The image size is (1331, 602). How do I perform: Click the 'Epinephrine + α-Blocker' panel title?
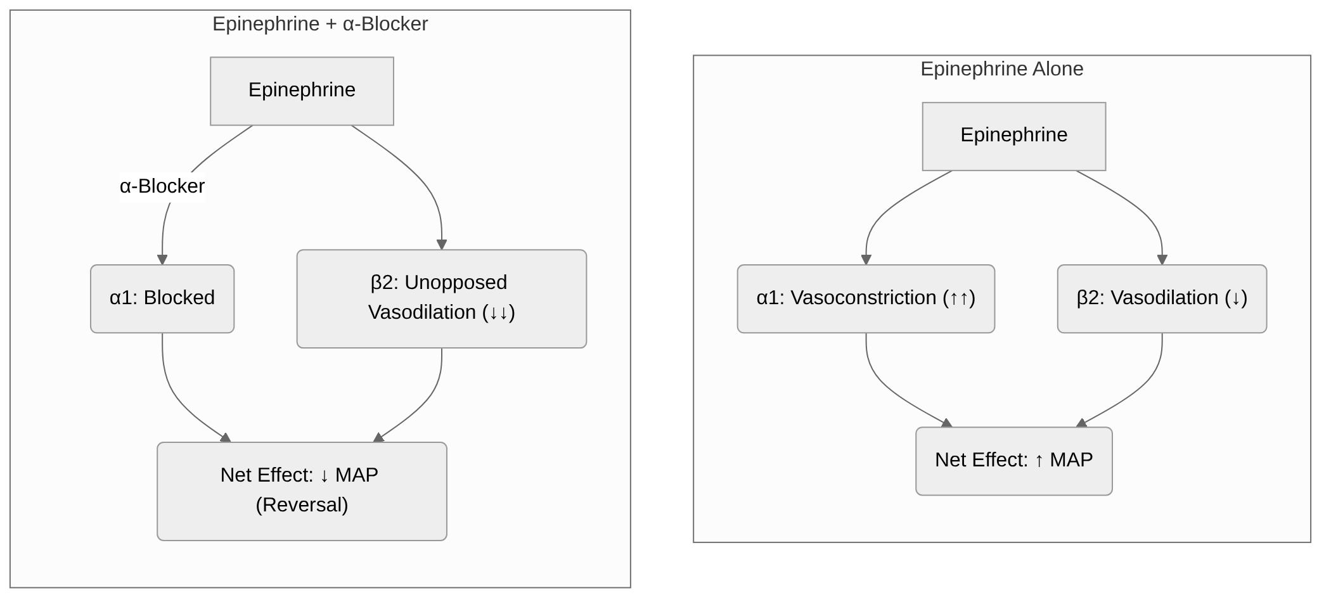tap(320, 24)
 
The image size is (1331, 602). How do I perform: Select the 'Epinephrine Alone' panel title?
tap(1001, 69)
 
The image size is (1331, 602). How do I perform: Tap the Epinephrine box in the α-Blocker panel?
tap(302, 91)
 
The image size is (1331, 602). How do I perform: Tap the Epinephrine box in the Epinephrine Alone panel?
tap(1013, 136)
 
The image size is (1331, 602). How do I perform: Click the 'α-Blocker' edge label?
tap(162, 186)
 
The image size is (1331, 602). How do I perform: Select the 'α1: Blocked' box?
tap(162, 298)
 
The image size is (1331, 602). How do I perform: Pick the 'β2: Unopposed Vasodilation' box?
tap(441, 298)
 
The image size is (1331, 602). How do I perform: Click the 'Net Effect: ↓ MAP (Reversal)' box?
tap(302, 490)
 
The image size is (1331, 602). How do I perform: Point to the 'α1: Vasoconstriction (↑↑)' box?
tap(866, 298)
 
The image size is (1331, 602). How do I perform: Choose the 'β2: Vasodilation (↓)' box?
tap(1162, 298)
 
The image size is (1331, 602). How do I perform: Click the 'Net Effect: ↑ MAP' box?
tap(1013, 461)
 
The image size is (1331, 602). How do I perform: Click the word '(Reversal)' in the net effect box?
tap(302, 505)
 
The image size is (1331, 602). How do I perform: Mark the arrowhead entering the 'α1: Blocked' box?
tap(162, 260)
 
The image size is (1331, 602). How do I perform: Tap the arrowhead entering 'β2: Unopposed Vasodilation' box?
tap(442, 245)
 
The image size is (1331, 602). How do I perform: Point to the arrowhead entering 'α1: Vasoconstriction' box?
tap(866, 260)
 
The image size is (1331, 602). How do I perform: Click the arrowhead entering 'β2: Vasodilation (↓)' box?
tap(1162, 260)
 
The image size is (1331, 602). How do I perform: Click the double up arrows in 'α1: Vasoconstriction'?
tap(958, 298)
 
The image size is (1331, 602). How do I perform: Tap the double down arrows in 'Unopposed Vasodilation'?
tap(498, 313)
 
